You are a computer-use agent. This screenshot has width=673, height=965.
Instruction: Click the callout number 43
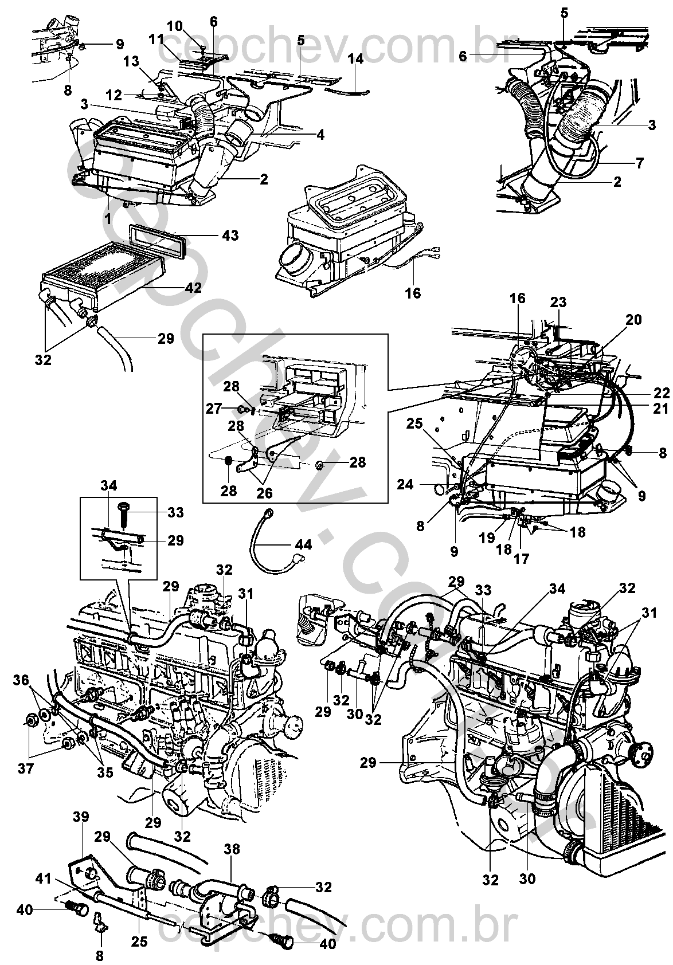click(x=231, y=236)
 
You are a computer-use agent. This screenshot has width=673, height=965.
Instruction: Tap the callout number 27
click(x=214, y=409)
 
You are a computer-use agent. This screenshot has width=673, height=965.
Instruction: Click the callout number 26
click(x=264, y=493)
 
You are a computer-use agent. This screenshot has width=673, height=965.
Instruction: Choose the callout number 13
click(x=131, y=62)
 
